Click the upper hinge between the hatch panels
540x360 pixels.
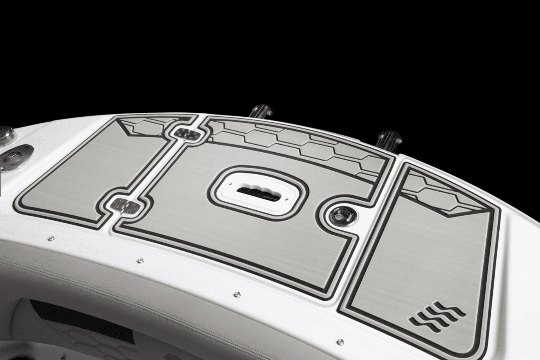click(x=188, y=134)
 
